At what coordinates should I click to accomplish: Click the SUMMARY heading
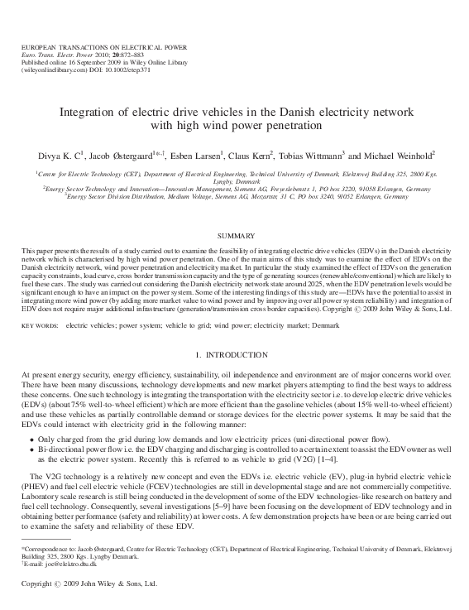point(235,237)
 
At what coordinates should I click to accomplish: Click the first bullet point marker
point(31,438)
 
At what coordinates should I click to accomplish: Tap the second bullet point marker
point(31,449)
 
